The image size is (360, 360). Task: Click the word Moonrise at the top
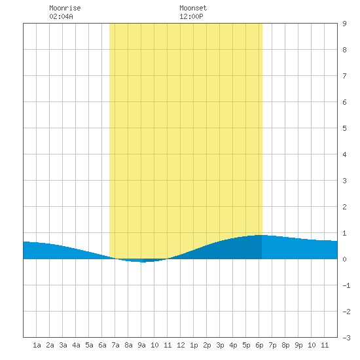coord(65,8)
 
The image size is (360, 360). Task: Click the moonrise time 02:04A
coord(61,16)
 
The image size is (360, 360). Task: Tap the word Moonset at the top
coord(193,8)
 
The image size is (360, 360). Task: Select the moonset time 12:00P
coord(191,16)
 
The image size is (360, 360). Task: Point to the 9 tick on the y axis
coord(344,24)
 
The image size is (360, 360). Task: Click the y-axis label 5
coord(344,128)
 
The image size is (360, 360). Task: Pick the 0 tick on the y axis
coord(344,259)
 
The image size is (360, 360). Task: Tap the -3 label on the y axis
coord(346,338)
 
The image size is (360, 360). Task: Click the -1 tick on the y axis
coord(346,285)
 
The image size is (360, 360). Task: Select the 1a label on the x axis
coord(37,345)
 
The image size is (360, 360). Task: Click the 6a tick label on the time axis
coord(102,345)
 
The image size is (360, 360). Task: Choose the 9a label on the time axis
coord(141,345)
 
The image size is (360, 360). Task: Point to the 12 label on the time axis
coord(181,345)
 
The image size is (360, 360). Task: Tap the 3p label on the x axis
coord(220,345)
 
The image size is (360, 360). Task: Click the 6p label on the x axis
coord(259,345)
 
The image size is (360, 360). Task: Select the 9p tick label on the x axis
coord(298,345)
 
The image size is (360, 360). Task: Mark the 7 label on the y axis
coord(344,76)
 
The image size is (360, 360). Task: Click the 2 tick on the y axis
coord(344,207)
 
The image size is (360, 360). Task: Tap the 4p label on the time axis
coord(233,345)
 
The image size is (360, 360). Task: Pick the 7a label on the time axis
coord(115,345)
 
